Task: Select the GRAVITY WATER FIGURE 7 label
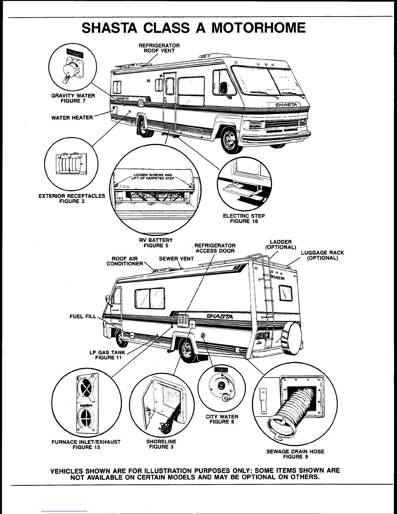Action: (x=73, y=98)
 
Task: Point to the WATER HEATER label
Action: (x=72, y=117)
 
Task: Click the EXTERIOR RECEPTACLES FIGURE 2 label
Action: (x=72, y=199)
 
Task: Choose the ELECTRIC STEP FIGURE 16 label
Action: (x=244, y=218)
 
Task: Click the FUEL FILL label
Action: (x=83, y=316)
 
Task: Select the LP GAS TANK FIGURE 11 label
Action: (x=107, y=355)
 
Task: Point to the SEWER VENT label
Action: (x=176, y=259)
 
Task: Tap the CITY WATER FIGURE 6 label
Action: (x=222, y=419)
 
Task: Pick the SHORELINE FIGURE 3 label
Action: (x=161, y=444)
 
